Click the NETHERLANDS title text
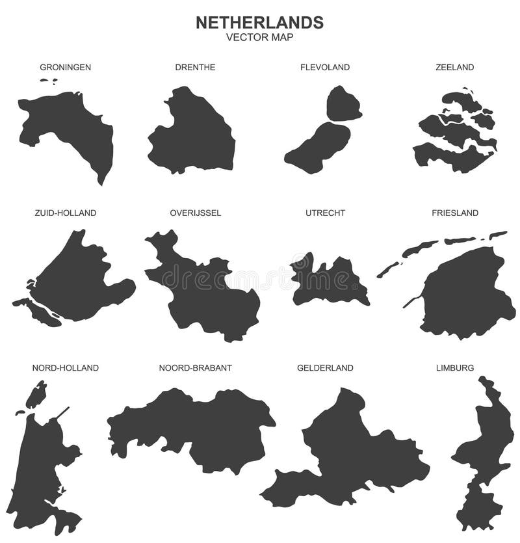coord(259,22)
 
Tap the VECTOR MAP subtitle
coord(259,37)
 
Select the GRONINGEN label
coord(65,67)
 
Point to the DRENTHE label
coord(195,67)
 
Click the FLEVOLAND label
coord(325,67)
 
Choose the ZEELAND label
coord(455,67)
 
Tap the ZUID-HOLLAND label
coord(65,213)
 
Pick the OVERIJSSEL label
coord(195,213)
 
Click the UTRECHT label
coord(325,213)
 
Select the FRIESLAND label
coord(455,213)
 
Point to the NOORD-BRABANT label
coord(195,368)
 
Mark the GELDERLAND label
coord(325,368)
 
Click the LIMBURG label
coord(455,368)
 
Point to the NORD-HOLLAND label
coord(65,368)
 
